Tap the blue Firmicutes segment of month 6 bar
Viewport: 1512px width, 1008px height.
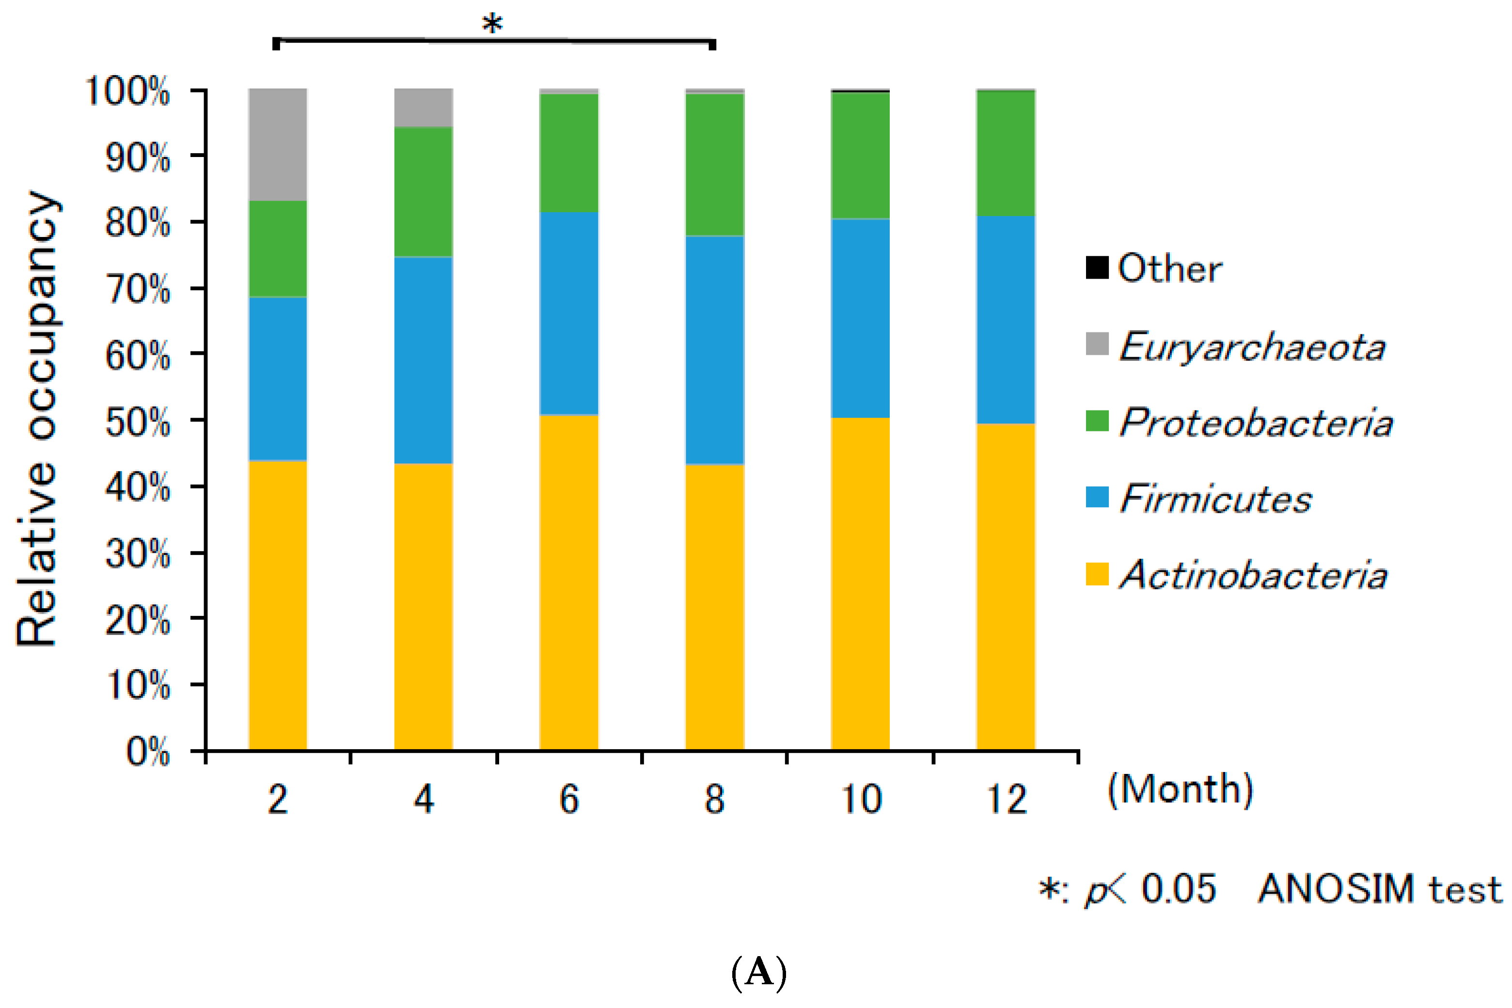point(569,314)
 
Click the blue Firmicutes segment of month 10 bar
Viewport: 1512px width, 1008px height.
point(860,318)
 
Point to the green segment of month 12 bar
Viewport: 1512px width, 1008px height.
point(1006,154)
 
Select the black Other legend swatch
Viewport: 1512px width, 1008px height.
point(1097,268)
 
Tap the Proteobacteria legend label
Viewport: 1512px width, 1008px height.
point(1256,423)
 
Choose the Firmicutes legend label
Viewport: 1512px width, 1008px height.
point(1215,498)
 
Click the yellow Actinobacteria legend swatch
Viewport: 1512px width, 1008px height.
point(1097,574)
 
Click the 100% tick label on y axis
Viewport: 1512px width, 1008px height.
point(127,91)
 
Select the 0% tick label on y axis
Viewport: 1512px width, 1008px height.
point(148,751)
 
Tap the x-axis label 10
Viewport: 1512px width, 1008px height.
point(861,799)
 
